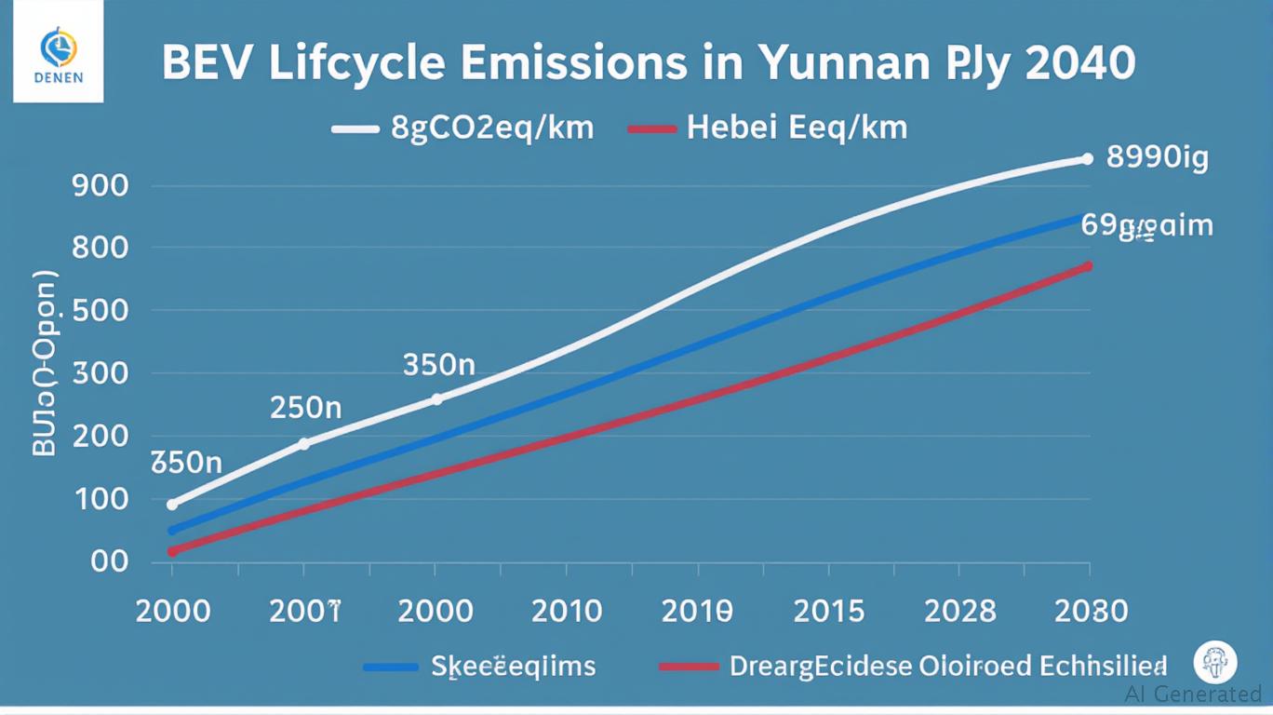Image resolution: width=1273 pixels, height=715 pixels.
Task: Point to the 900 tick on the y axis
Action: pyautogui.click(x=99, y=186)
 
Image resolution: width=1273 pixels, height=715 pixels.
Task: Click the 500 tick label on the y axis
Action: pyautogui.click(x=99, y=311)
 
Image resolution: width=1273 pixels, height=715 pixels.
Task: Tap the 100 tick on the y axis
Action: pyautogui.click(x=99, y=500)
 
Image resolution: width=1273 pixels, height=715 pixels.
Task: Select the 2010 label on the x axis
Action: pyautogui.click(x=567, y=612)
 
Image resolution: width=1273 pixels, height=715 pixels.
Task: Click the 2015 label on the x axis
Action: pyautogui.click(x=829, y=612)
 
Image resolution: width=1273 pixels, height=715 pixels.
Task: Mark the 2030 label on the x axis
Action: pyautogui.click(x=1092, y=612)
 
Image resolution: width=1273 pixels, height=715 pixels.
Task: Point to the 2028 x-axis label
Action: pyautogui.click(x=960, y=612)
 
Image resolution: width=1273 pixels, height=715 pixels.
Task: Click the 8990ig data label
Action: pyautogui.click(x=1157, y=158)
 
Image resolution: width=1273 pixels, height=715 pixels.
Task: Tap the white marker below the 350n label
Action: pyautogui.click(x=436, y=398)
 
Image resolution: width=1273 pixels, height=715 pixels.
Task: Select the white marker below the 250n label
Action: pyautogui.click(x=303, y=444)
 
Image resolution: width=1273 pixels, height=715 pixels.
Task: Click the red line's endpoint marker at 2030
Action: pyautogui.click(x=1087, y=266)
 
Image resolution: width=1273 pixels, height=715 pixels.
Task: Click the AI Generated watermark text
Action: pyautogui.click(x=1193, y=694)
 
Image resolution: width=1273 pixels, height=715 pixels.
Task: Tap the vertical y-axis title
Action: pyautogui.click(x=45, y=363)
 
